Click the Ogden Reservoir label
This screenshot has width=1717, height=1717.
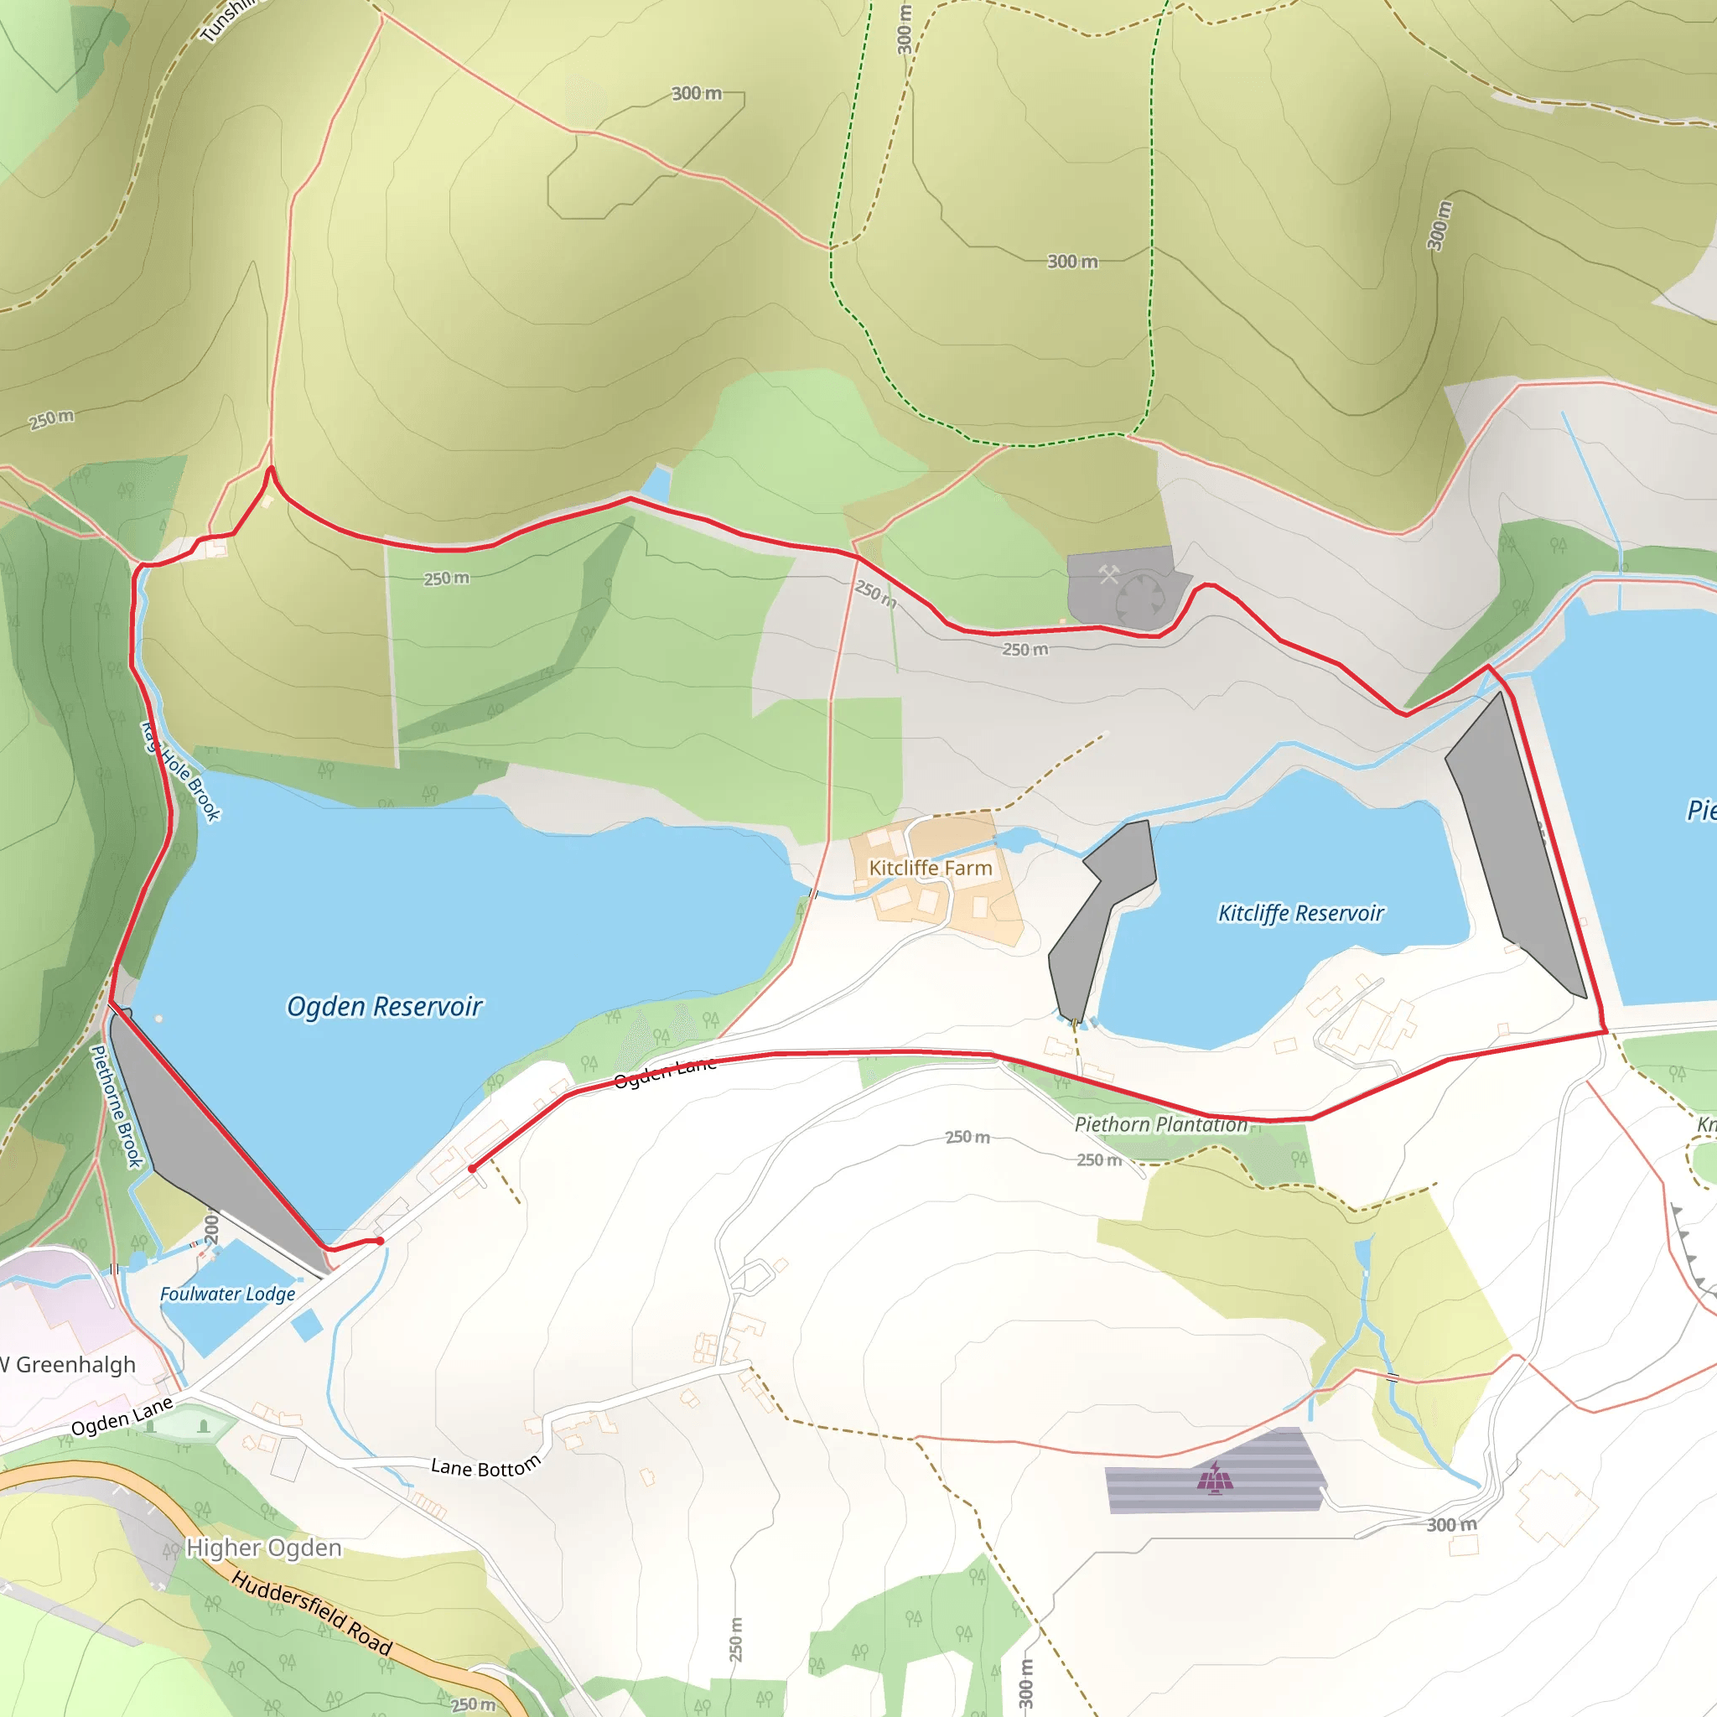(x=384, y=1006)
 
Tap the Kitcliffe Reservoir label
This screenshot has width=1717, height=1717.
(x=1300, y=913)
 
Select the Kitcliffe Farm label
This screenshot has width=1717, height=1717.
(x=930, y=868)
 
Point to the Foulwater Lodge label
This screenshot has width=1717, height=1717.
(x=227, y=1294)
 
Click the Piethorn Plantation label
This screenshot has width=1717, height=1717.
(x=1160, y=1124)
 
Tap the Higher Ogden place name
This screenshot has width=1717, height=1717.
(x=263, y=1548)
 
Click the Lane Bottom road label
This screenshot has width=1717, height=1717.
(x=485, y=1466)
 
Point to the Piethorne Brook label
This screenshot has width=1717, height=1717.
(x=117, y=1107)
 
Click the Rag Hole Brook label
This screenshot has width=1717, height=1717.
(x=181, y=771)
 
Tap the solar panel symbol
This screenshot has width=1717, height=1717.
(x=1215, y=1481)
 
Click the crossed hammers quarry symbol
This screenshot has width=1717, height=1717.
(x=1108, y=574)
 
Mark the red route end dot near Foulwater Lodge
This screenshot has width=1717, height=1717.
(x=380, y=1241)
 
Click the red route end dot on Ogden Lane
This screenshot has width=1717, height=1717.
(x=472, y=1169)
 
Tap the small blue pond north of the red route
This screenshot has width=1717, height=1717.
(x=656, y=484)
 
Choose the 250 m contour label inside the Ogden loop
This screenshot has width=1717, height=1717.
(x=446, y=578)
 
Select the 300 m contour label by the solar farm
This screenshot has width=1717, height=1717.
(x=1451, y=1525)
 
